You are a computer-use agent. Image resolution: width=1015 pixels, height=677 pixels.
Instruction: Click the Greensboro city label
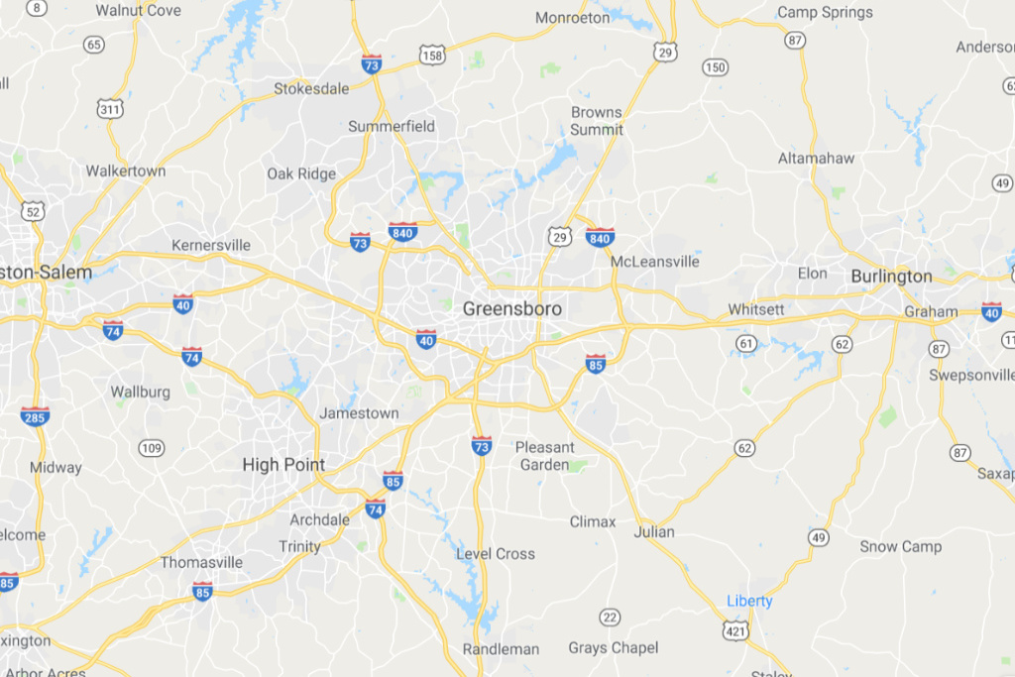click(x=511, y=309)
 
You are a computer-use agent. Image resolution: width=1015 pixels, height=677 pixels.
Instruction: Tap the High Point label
click(x=283, y=464)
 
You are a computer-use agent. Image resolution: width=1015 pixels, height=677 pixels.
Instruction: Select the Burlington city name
click(x=891, y=277)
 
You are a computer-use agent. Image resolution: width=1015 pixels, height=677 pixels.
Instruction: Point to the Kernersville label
click(x=211, y=245)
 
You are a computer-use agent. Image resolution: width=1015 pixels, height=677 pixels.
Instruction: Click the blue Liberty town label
click(x=749, y=601)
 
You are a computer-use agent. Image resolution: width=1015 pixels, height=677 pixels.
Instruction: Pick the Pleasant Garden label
click(x=544, y=456)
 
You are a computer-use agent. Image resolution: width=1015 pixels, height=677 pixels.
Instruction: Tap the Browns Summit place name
click(x=597, y=121)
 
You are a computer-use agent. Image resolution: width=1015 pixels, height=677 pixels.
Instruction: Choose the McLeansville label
click(x=654, y=262)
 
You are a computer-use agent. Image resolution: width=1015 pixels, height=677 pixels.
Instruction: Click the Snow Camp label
click(x=901, y=546)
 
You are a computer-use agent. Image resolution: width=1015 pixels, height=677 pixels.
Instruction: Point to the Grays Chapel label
click(x=613, y=648)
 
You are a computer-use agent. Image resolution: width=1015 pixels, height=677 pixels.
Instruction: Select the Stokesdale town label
click(x=311, y=88)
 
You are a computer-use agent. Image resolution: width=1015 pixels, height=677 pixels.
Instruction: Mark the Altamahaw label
click(x=816, y=158)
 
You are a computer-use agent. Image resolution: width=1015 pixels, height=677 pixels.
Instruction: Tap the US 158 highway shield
click(x=432, y=56)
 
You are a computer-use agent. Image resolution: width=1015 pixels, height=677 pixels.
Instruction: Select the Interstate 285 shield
click(x=35, y=415)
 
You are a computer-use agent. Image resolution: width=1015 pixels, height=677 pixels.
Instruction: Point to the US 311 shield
click(x=109, y=107)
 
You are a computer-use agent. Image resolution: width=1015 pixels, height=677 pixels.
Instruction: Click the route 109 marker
click(x=151, y=448)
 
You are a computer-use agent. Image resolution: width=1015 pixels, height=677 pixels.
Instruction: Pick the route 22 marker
click(x=611, y=619)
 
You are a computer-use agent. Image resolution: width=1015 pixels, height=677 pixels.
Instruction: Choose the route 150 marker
click(x=714, y=67)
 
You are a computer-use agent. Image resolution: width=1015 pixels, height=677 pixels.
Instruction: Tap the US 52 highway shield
click(x=34, y=211)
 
